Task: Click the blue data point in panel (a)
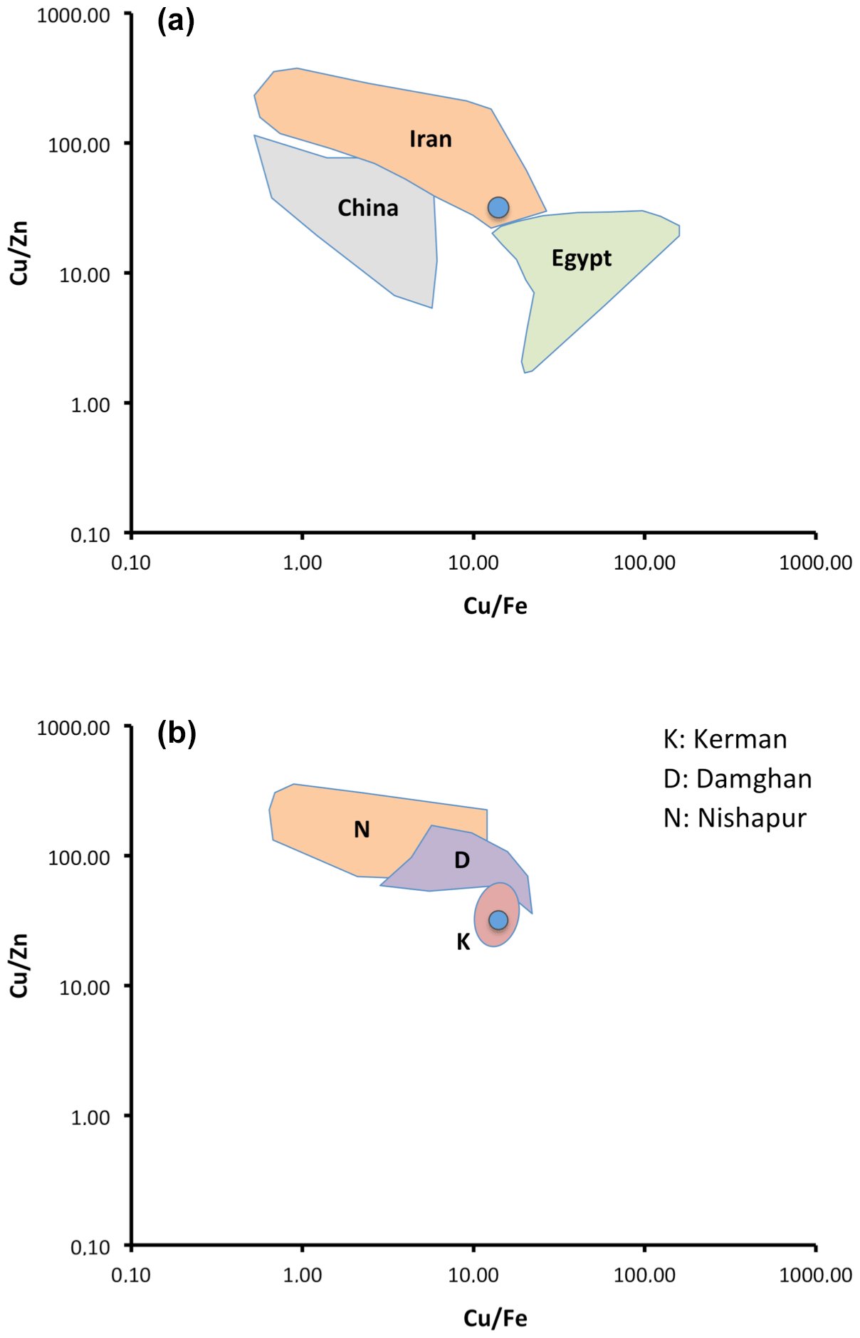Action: coord(498,207)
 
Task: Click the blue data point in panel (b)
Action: coord(498,920)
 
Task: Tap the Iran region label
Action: coord(430,139)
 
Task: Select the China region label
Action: coord(367,208)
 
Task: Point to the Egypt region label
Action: coord(581,258)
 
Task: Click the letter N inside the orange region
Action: coord(362,830)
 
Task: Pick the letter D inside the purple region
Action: coord(462,860)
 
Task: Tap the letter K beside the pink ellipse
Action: coord(463,942)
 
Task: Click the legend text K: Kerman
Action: coord(725,739)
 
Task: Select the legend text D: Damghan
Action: coord(737,779)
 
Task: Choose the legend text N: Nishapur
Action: coord(735,818)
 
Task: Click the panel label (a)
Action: coord(176,21)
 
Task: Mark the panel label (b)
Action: coord(177,733)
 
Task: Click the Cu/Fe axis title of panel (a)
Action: coord(495,606)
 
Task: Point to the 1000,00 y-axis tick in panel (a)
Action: coord(73,15)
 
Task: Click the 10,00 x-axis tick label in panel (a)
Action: coord(473,563)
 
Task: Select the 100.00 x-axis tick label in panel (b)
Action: coord(644,1275)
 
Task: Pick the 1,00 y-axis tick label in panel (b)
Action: coord(90,1117)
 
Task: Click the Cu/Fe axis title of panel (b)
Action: coord(495,1318)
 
